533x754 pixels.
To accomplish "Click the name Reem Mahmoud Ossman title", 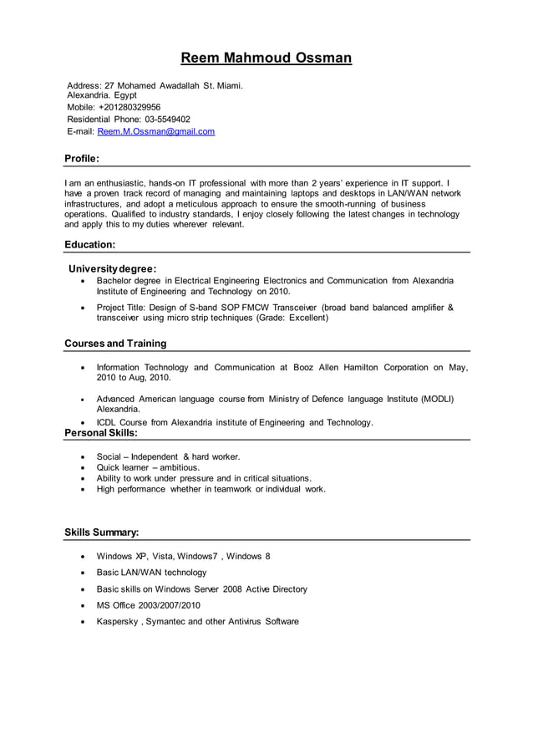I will point(266,58).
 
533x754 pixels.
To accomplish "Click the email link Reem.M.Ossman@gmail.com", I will point(156,131).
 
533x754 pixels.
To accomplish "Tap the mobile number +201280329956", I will point(129,108).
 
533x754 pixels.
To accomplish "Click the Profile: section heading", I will point(82,158).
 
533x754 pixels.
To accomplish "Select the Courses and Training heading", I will point(115,343).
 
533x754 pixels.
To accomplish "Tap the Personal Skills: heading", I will point(100,433).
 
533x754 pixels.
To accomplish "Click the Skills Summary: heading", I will point(101,532).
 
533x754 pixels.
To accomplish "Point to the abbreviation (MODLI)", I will point(437,399).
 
